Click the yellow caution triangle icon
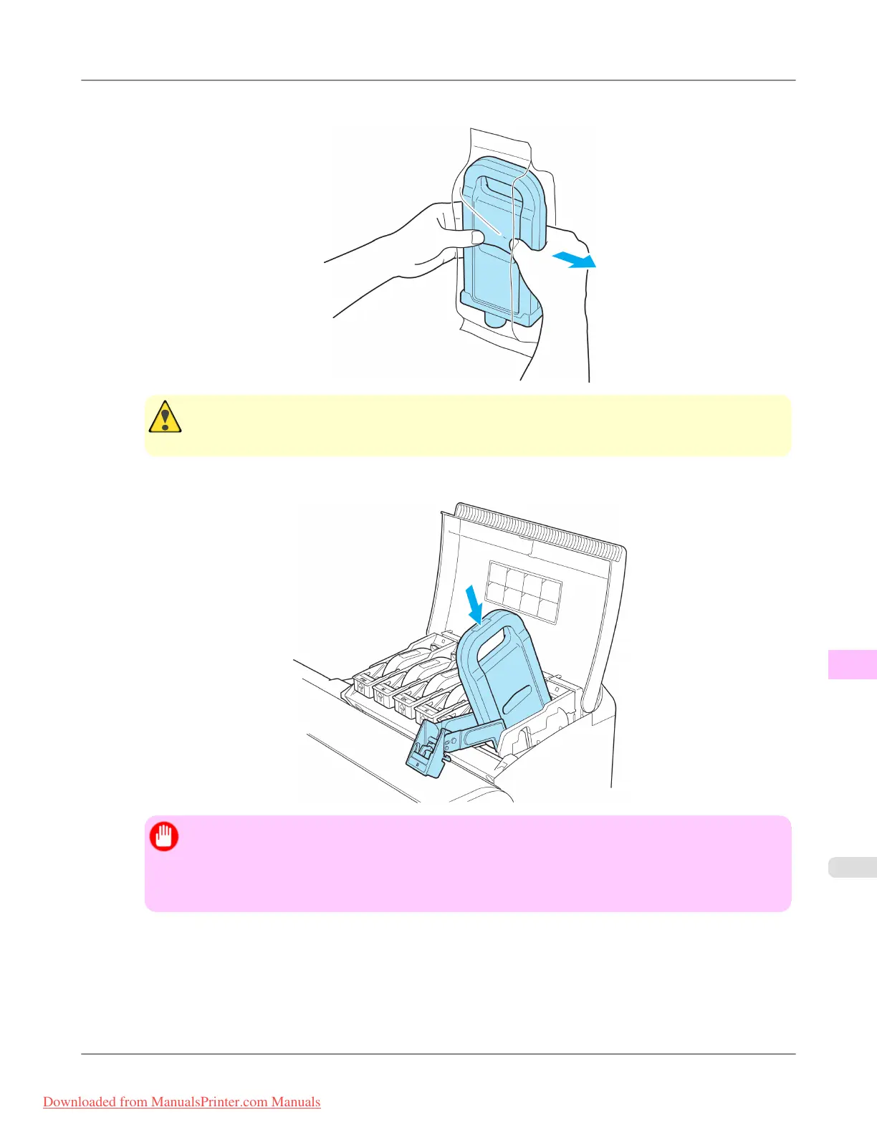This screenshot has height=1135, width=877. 165,417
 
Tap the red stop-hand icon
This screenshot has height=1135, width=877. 164,836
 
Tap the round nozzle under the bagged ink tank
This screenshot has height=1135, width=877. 495,319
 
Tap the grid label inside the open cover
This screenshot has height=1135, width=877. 524,590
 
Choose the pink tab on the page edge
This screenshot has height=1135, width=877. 852,664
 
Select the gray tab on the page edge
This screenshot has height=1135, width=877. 852,867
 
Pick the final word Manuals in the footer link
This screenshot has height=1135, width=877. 296,1102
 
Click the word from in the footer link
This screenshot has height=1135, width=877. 133,1102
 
